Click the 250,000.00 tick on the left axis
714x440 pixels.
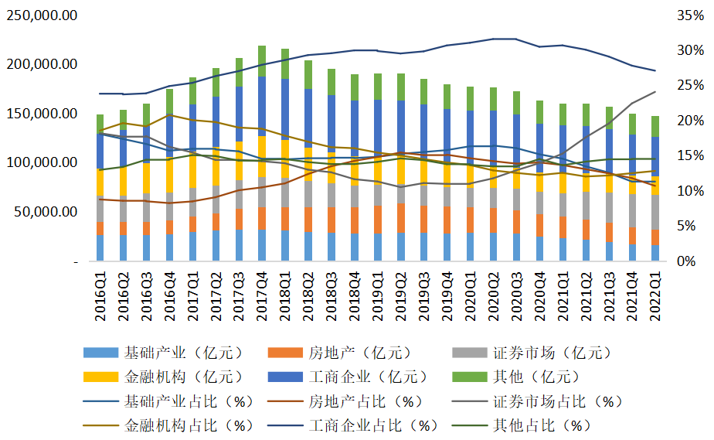42,15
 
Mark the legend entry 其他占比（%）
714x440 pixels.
542,425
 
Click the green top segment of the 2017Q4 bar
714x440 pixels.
262,60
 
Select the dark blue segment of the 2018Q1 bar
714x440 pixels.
285,108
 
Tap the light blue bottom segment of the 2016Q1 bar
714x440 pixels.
100,248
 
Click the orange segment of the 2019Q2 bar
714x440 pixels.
401,218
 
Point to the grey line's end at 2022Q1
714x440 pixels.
655,91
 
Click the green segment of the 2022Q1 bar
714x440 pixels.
655,126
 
